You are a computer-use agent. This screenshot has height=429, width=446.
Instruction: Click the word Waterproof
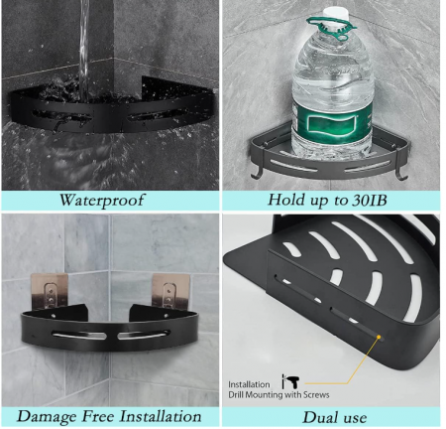point(101,201)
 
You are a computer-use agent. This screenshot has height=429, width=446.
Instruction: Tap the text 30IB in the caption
point(369,200)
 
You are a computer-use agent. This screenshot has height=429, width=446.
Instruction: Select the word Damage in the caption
point(47,417)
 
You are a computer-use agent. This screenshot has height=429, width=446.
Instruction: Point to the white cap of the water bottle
point(336,15)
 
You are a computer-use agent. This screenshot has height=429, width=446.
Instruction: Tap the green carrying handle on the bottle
point(328,29)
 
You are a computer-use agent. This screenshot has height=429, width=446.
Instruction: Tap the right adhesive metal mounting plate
point(170,291)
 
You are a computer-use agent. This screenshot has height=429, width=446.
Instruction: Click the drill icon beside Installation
point(290,381)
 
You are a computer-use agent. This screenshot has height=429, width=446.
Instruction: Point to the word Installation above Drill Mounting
point(249,384)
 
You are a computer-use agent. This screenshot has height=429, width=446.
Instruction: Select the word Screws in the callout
point(316,395)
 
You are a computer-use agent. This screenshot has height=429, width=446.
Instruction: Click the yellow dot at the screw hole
point(379,337)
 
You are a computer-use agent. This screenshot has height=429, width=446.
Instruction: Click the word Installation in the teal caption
point(161,416)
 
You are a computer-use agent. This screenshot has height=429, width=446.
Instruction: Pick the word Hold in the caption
point(285,200)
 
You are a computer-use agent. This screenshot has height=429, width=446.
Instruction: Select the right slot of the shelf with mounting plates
point(145,334)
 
